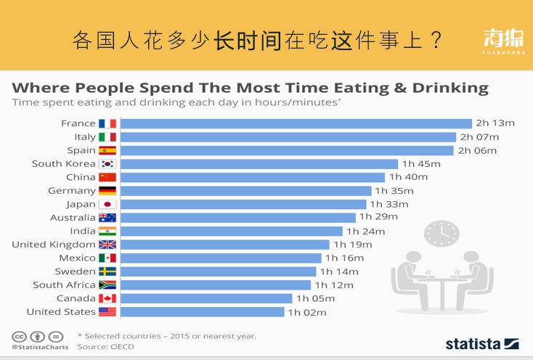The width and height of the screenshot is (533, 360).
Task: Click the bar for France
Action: tap(296, 123)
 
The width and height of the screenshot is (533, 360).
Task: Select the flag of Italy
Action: tap(107, 137)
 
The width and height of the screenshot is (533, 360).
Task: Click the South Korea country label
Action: tap(64, 164)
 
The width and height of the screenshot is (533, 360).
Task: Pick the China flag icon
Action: tap(107, 177)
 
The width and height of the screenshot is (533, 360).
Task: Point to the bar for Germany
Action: tap(245, 191)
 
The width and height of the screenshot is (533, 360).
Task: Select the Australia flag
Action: tap(107, 218)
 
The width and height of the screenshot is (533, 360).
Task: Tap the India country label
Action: tap(82, 231)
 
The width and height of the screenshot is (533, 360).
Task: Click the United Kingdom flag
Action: tap(107, 245)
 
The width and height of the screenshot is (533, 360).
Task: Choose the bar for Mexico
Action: tap(220, 258)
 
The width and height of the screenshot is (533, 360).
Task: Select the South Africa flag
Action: tap(107, 285)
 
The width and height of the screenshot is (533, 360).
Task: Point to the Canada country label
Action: tap(76, 298)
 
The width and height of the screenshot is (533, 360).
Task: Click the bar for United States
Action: tap(202, 312)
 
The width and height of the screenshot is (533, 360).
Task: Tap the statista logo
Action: tap(481, 343)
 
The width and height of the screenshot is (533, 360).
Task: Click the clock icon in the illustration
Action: tap(442, 234)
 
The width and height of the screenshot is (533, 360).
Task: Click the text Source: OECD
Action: tap(105, 347)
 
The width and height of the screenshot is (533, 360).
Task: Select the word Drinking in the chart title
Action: tap(450, 88)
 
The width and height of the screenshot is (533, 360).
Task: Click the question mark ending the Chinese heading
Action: tap(436, 41)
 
